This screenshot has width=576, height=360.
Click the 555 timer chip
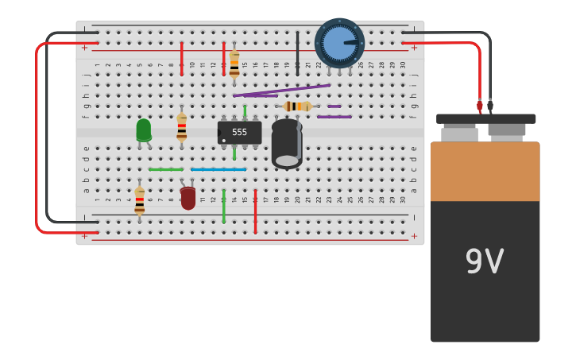[x=239, y=132]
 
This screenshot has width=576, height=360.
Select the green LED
[x=143, y=130]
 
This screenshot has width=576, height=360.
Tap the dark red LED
[x=187, y=198]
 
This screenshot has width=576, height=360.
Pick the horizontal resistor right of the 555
[x=297, y=106]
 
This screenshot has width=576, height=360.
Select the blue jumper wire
[x=218, y=169]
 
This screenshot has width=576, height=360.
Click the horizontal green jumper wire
[x=165, y=169]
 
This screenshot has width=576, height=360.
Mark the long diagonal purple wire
[x=282, y=91]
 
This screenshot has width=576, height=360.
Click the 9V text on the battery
[x=484, y=261]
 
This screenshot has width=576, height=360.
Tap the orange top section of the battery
[x=485, y=171]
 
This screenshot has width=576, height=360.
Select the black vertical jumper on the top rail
[x=297, y=53]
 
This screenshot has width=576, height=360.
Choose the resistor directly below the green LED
[x=140, y=200]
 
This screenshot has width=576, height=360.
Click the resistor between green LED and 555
[x=182, y=127]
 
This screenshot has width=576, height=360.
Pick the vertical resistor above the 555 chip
[x=234, y=64]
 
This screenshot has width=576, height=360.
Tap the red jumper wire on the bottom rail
[x=255, y=211]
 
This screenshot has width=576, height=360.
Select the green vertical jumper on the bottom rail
[x=224, y=206]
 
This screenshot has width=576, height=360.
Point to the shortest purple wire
[x=334, y=106]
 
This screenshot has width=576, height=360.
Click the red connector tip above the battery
[x=480, y=106]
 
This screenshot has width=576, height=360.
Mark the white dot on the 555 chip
[x=223, y=141]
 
